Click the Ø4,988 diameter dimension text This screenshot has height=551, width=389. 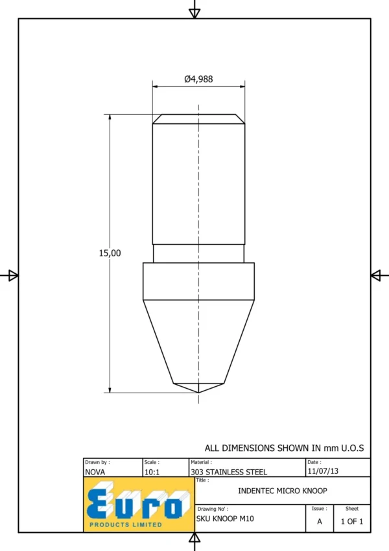pos(198,79)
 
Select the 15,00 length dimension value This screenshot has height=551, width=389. pos(110,253)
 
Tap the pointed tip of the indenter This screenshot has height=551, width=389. pos(198,393)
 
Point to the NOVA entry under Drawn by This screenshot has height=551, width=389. pos(95,472)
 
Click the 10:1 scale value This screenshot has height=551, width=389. pos(152,472)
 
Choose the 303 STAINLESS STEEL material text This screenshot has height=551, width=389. pos(229,472)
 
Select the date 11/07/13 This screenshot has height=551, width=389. pos(323,471)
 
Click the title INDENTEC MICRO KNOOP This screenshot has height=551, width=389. pos(283,491)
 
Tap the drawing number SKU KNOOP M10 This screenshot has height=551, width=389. pos(225,519)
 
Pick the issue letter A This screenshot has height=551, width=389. pos(320,522)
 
